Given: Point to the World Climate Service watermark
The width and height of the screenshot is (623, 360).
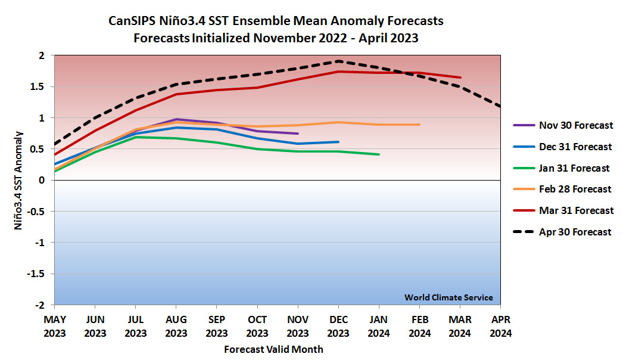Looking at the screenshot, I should (x=448, y=297).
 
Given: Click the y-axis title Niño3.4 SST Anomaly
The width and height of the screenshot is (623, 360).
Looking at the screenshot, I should (x=20, y=180).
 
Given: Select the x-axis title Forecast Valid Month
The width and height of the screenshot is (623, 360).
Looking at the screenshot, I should (x=273, y=349).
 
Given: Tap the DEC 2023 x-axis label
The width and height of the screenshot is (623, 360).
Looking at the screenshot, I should (x=338, y=327).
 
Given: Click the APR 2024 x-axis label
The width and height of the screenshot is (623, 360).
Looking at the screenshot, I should (x=500, y=327).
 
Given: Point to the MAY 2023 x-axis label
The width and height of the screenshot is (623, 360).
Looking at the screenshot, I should (x=55, y=327).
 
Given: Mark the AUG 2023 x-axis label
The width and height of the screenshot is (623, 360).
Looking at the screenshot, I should (x=176, y=327).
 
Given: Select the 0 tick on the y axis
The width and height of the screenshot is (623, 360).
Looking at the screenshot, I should (x=42, y=180).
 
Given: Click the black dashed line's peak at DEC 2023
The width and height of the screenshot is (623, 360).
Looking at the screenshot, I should (x=338, y=61).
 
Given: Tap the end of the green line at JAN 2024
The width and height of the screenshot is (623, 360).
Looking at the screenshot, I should (x=379, y=154).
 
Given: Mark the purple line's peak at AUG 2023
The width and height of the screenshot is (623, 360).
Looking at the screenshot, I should (x=176, y=119).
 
